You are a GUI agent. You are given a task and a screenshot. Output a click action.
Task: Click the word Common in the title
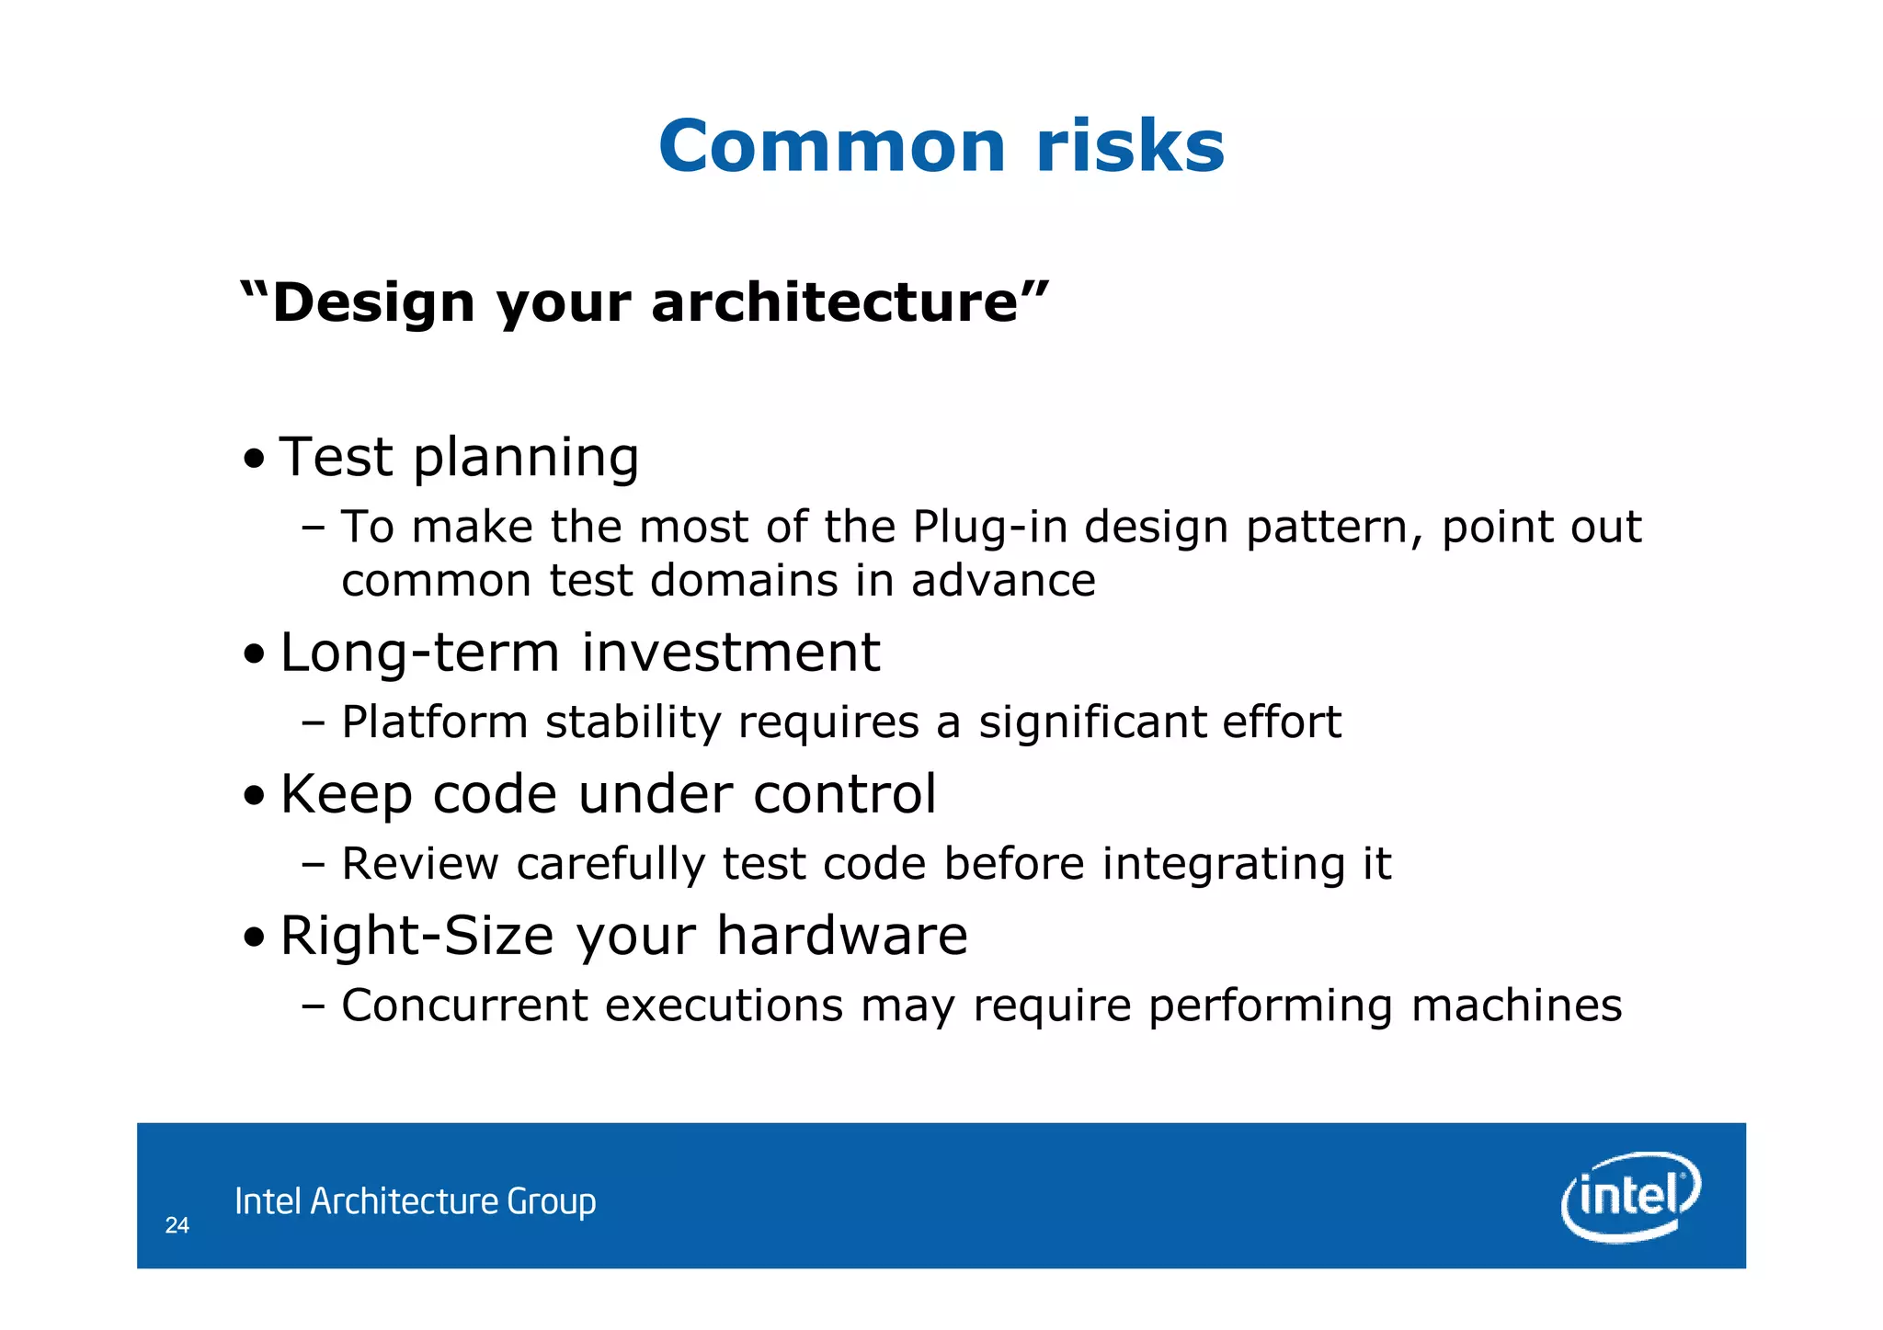coord(832,147)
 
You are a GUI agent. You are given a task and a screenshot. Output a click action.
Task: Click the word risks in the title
coord(1130,147)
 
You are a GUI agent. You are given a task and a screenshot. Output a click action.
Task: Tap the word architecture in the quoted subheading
coord(835,302)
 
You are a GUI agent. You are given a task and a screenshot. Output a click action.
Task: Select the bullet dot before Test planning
coord(255,458)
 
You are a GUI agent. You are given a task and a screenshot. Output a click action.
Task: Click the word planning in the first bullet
coord(526,458)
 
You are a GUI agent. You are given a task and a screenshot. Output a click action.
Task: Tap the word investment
coord(731,653)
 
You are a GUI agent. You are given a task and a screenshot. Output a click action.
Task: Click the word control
coord(844,794)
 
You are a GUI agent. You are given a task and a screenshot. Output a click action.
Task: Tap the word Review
coord(419,864)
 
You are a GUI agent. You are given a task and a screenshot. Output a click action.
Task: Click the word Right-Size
coord(417,937)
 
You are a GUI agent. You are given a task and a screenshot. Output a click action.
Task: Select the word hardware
coord(841,936)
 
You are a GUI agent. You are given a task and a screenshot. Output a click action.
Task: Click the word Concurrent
coord(464,1006)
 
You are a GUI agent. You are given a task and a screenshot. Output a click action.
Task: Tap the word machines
coord(1516,1006)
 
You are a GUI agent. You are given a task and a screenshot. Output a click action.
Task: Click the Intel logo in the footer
coord(1630,1196)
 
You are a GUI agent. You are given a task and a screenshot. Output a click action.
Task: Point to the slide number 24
coord(177,1225)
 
